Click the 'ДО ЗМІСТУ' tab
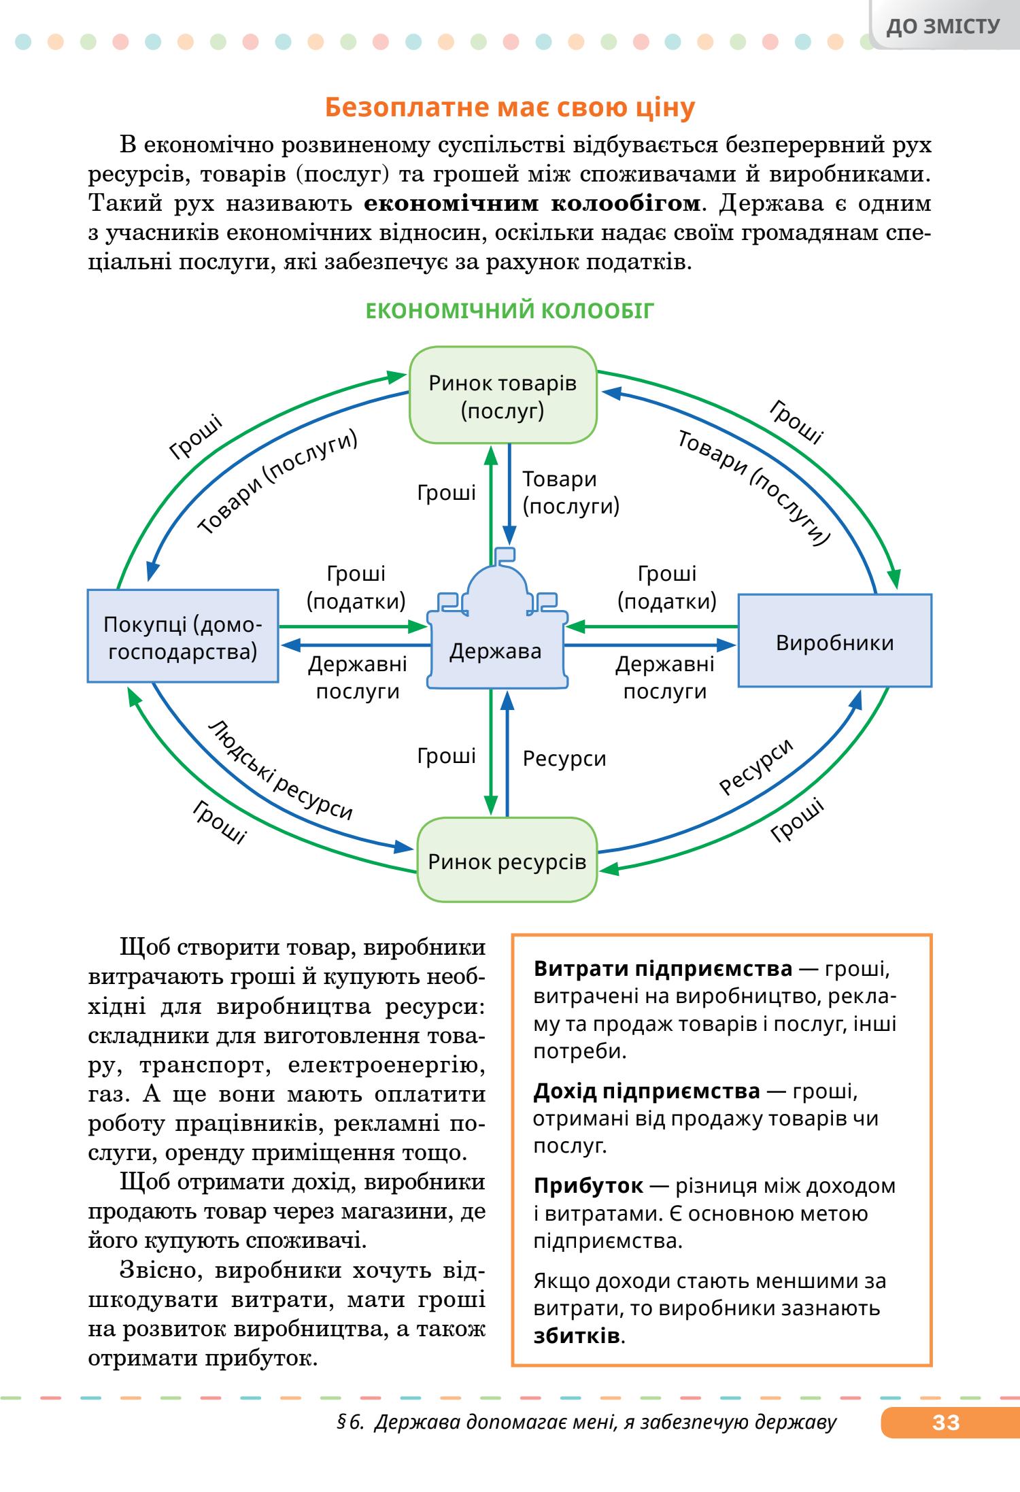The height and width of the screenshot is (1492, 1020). tap(944, 27)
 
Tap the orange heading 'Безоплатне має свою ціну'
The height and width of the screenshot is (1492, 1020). tap(510, 107)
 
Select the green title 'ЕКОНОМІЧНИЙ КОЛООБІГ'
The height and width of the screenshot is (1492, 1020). tap(510, 311)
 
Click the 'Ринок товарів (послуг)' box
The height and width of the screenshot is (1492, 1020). tap(503, 396)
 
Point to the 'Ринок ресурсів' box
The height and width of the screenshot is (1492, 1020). tap(507, 862)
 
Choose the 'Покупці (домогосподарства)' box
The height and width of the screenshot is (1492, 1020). tap(183, 637)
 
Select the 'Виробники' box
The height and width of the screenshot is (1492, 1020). tap(834, 642)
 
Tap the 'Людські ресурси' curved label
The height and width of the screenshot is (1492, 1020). tap(280, 770)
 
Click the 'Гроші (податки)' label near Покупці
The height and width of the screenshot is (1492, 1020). tap(356, 588)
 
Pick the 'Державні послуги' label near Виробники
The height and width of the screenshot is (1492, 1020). tap(664, 677)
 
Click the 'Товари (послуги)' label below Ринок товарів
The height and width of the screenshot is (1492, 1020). tap(571, 492)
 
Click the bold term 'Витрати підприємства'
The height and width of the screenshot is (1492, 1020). tap(663, 968)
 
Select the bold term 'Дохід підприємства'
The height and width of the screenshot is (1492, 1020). tap(647, 1091)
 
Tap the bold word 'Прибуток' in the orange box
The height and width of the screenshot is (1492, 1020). tap(588, 1186)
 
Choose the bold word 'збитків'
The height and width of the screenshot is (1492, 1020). tap(577, 1336)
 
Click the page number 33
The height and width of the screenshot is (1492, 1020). tap(946, 1423)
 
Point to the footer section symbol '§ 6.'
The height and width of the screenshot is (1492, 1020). tap(351, 1423)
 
